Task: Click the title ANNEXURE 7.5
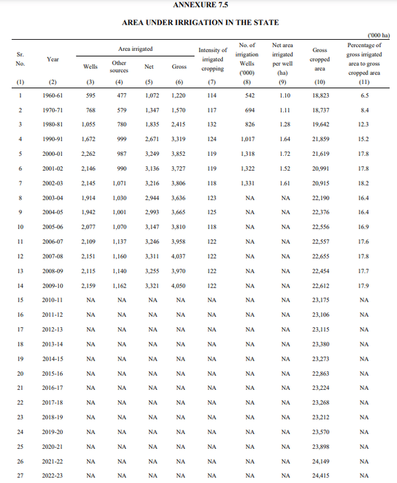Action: click(200, 5)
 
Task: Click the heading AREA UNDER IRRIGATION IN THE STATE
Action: click(200, 23)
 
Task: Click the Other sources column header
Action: click(119, 66)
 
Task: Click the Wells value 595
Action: click(91, 96)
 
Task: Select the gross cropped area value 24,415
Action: click(321, 476)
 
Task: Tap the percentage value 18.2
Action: click(364, 183)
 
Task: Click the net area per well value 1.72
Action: click(285, 154)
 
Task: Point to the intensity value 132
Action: click(213, 125)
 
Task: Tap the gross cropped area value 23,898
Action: click(321, 446)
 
